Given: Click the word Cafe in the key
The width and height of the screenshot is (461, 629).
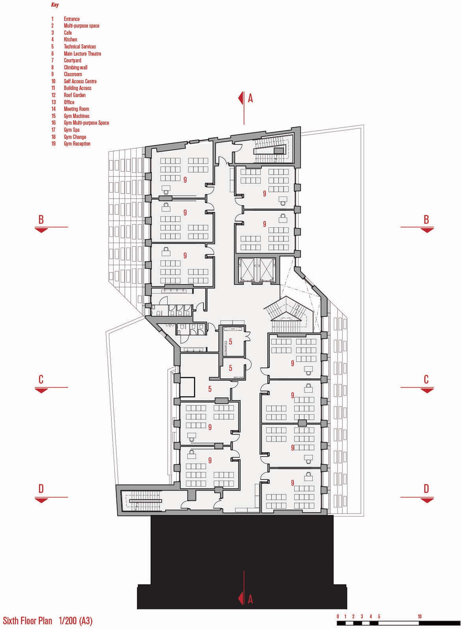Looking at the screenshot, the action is tap(68, 33).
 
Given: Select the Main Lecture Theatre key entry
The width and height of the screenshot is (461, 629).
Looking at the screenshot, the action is tap(82, 54).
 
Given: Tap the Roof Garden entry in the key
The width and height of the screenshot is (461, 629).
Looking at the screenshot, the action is tap(74, 95).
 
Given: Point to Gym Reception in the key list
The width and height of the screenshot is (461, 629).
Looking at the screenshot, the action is tap(77, 144).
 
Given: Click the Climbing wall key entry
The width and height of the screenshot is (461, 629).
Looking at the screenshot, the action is tap(76, 68).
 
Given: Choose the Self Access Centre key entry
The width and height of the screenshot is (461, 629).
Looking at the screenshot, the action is tap(80, 81).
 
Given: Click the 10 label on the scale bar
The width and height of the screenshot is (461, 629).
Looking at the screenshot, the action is tap(420, 609).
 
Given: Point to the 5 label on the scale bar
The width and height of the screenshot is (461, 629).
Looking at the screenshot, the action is tap(379, 609).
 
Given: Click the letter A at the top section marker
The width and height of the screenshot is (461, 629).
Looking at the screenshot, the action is tap(250, 98).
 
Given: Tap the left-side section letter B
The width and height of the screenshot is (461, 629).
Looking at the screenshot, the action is tap(41, 220).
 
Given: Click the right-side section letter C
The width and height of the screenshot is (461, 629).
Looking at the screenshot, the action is tap(426, 380).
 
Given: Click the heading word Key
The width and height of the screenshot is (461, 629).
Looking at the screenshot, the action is tap(55, 5).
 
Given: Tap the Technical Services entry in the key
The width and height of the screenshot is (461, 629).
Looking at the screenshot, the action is tap(80, 47).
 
